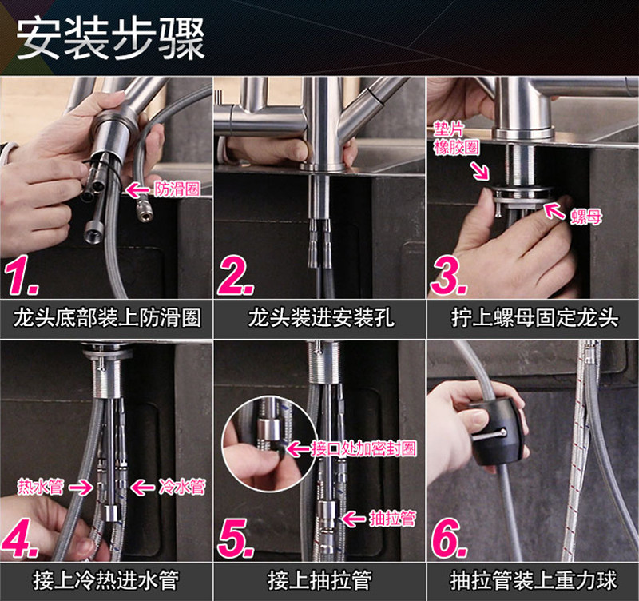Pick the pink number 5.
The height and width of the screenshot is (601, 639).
(x=236, y=538)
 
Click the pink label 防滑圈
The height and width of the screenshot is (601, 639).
(x=177, y=189)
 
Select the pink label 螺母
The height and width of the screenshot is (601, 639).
(x=585, y=217)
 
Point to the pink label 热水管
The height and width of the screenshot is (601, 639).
(x=41, y=487)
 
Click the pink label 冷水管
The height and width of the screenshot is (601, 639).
(x=182, y=487)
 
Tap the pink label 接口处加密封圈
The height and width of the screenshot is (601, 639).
(x=363, y=448)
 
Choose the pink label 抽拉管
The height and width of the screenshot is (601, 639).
(x=392, y=519)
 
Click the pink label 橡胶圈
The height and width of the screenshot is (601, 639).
(x=456, y=147)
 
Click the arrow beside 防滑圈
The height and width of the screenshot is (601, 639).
(x=137, y=189)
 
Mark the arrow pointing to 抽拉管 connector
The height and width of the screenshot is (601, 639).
(x=353, y=519)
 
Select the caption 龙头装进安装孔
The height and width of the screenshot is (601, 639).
(x=321, y=318)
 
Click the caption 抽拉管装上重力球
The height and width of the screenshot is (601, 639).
(x=534, y=580)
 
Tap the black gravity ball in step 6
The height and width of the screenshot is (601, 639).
(x=495, y=434)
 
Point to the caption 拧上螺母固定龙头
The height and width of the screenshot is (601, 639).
(x=534, y=318)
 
